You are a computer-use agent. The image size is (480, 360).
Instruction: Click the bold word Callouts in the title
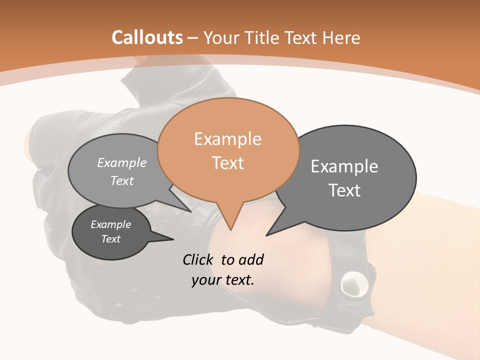pos(147,37)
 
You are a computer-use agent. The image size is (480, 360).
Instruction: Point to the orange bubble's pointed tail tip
pos(231,230)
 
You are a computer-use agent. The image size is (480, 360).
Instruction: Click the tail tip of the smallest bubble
pos(173,239)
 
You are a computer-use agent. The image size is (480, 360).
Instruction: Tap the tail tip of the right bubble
pos(266,235)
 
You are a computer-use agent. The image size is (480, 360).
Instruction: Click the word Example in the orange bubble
pos(228,139)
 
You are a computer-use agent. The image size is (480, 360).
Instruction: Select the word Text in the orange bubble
pos(228,163)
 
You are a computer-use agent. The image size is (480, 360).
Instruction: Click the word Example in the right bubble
pos(344,166)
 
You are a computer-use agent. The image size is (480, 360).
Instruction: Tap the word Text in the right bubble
pos(344,190)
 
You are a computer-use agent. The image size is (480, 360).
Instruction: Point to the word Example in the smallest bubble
pos(111,224)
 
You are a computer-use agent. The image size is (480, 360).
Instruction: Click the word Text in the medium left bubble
pos(122,180)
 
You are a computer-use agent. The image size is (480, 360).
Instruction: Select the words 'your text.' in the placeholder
pos(223,280)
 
